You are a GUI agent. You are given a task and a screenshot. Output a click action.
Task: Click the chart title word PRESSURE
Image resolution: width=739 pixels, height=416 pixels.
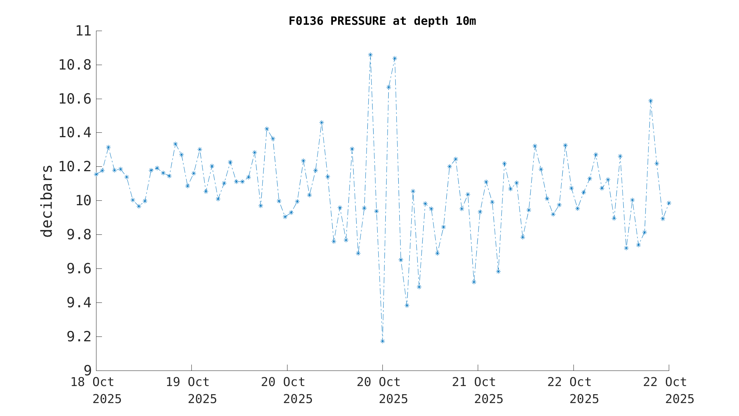[358, 21]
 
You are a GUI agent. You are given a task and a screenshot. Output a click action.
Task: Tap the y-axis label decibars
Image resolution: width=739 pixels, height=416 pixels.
[47, 201]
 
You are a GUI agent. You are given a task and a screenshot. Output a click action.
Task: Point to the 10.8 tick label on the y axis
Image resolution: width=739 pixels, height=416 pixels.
[75, 65]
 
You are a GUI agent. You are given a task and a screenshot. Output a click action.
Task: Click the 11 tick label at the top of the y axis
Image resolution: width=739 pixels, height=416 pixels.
[83, 31]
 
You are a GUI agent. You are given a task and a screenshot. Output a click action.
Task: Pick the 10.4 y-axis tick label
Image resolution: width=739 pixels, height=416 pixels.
[75, 133]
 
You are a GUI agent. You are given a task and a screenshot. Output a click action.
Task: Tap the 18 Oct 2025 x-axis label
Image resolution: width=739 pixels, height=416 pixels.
[96, 390]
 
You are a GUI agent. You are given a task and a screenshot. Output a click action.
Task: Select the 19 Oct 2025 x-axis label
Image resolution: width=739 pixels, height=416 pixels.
[191, 390]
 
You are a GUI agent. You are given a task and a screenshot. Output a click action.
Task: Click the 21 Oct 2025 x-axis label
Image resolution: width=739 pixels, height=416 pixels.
[478, 390]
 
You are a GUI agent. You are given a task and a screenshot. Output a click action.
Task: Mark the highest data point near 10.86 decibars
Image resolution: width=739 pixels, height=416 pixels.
[370, 55]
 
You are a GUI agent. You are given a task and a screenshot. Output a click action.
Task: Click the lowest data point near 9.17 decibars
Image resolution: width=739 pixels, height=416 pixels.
[382, 341]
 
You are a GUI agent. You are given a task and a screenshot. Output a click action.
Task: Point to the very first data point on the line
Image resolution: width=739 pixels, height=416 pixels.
[96, 174]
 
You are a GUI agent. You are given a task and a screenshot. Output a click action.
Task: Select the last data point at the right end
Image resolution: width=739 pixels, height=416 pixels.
[669, 203]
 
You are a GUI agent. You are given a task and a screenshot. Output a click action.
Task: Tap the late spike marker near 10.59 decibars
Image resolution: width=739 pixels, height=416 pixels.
[651, 101]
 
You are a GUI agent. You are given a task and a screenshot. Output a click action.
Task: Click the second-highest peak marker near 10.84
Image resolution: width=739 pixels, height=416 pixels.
[395, 58]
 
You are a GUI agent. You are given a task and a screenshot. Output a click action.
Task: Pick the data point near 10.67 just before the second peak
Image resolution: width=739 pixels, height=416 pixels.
[389, 87]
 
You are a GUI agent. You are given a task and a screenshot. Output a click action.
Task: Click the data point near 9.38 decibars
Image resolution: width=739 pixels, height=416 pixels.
[407, 305]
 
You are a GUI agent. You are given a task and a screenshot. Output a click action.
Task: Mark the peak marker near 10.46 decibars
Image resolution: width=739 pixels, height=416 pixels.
[321, 122]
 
